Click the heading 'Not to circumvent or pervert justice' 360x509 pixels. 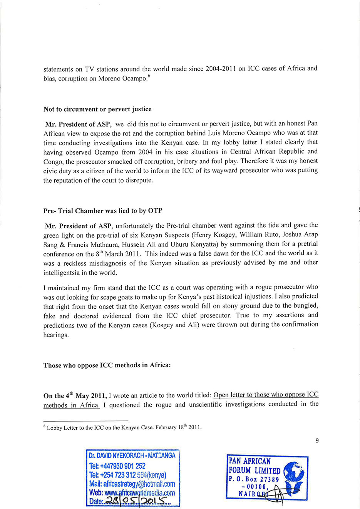pos(97,109)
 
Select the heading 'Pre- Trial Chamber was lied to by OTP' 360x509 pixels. pos(103,211)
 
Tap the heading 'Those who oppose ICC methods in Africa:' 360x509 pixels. pos(107,365)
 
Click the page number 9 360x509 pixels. pos(317,440)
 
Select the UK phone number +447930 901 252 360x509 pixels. pos(117,466)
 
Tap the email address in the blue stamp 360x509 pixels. pos(132,484)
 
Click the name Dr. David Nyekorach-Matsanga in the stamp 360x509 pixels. pos(132,455)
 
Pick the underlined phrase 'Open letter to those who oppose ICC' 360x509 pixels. pos(266,395)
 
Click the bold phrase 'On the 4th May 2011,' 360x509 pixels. pos(75,396)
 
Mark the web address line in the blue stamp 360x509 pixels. pos(132,493)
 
